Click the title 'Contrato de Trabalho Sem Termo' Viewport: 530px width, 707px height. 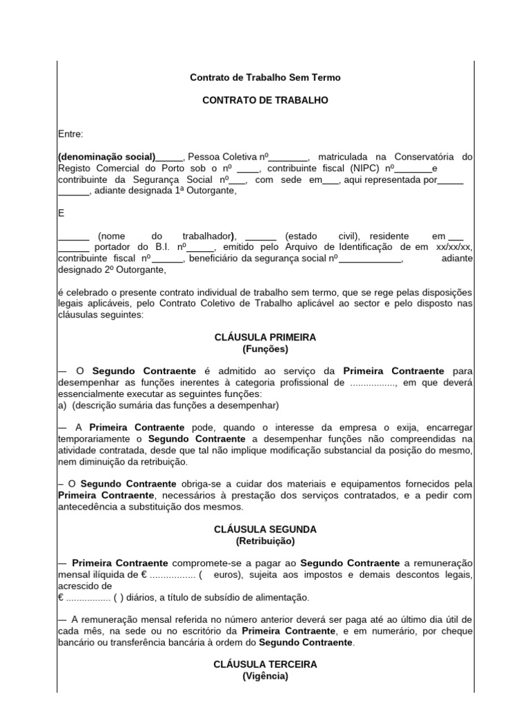click(x=265, y=77)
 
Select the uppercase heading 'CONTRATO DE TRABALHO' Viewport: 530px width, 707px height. click(x=265, y=100)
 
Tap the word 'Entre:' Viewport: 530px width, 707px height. click(x=70, y=134)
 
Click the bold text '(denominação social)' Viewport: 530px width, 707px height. click(x=106, y=157)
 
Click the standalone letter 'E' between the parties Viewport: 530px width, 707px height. click(x=61, y=213)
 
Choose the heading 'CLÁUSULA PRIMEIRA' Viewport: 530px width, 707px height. click(x=265, y=338)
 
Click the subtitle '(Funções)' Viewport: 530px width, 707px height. click(x=265, y=349)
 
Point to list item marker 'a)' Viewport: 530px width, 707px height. click(x=62, y=405)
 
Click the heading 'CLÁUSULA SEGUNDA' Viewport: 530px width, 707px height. click(x=265, y=530)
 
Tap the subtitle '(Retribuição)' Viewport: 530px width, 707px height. click(x=265, y=541)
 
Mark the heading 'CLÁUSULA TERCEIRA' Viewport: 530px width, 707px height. click(x=265, y=664)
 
